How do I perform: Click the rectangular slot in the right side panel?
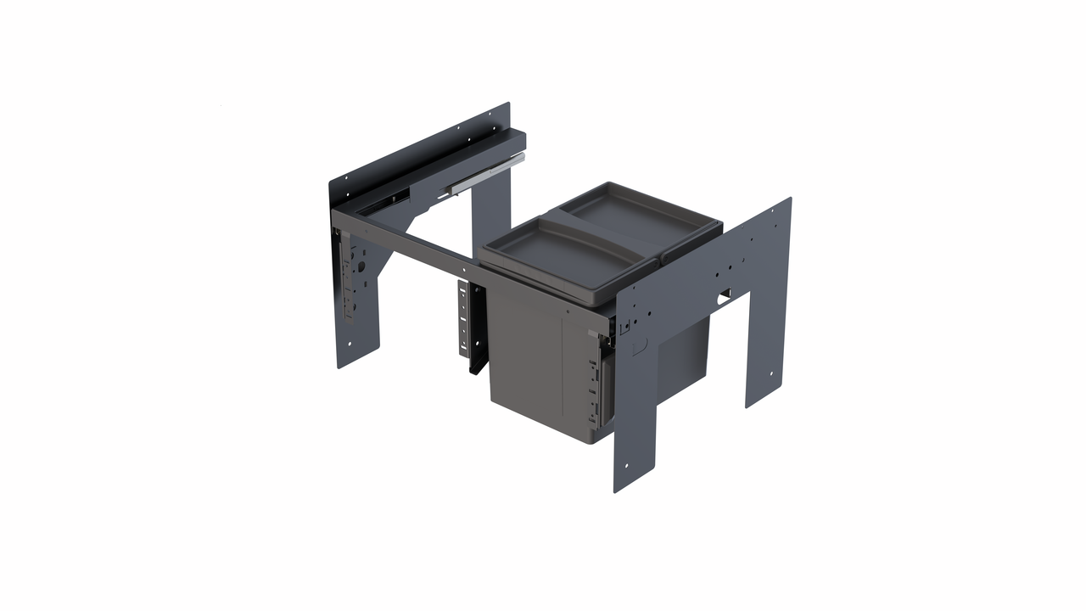point(723,294)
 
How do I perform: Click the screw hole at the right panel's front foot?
point(627,465)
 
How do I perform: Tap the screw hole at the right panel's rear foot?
point(771,374)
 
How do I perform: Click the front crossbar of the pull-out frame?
point(407,246)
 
